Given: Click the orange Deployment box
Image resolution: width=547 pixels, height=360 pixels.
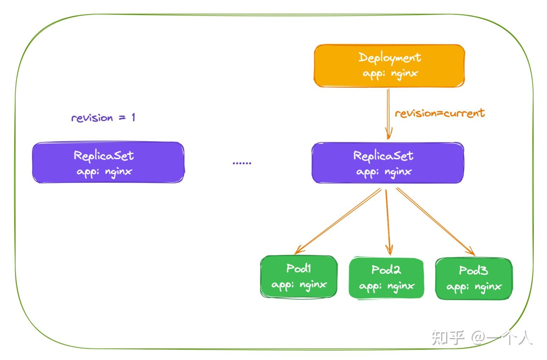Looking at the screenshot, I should click(389, 66).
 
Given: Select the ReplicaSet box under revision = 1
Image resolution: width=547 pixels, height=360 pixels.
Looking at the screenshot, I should click(108, 163).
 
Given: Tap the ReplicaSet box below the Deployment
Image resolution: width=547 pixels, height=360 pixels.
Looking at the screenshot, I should click(387, 163).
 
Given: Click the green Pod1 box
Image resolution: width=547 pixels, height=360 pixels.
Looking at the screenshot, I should click(299, 276).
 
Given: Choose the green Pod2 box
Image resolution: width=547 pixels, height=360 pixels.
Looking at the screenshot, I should click(386, 278).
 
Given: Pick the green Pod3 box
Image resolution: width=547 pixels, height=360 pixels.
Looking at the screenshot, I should click(473, 279).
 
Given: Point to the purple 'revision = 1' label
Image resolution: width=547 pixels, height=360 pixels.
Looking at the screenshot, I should click(103, 118).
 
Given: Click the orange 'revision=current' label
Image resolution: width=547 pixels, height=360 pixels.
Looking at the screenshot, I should click(440, 113).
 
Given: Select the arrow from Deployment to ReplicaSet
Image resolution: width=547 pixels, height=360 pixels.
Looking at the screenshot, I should click(388, 113).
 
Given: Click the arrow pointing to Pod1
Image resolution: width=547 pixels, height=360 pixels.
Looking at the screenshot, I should click(337, 222).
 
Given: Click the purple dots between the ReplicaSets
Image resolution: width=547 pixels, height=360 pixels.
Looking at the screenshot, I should click(242, 163).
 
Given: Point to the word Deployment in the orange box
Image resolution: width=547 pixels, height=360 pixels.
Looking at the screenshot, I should click(390, 58).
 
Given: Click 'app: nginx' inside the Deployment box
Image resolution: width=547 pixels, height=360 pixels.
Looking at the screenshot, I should click(390, 74).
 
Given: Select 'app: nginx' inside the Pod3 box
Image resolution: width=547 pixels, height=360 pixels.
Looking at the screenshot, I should click(474, 287).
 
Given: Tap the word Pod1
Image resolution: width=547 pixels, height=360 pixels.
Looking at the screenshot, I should click(298, 268).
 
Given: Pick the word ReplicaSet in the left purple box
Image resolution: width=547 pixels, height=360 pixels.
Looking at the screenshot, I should click(104, 156).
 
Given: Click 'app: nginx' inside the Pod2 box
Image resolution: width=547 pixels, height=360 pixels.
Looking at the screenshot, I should click(387, 286).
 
